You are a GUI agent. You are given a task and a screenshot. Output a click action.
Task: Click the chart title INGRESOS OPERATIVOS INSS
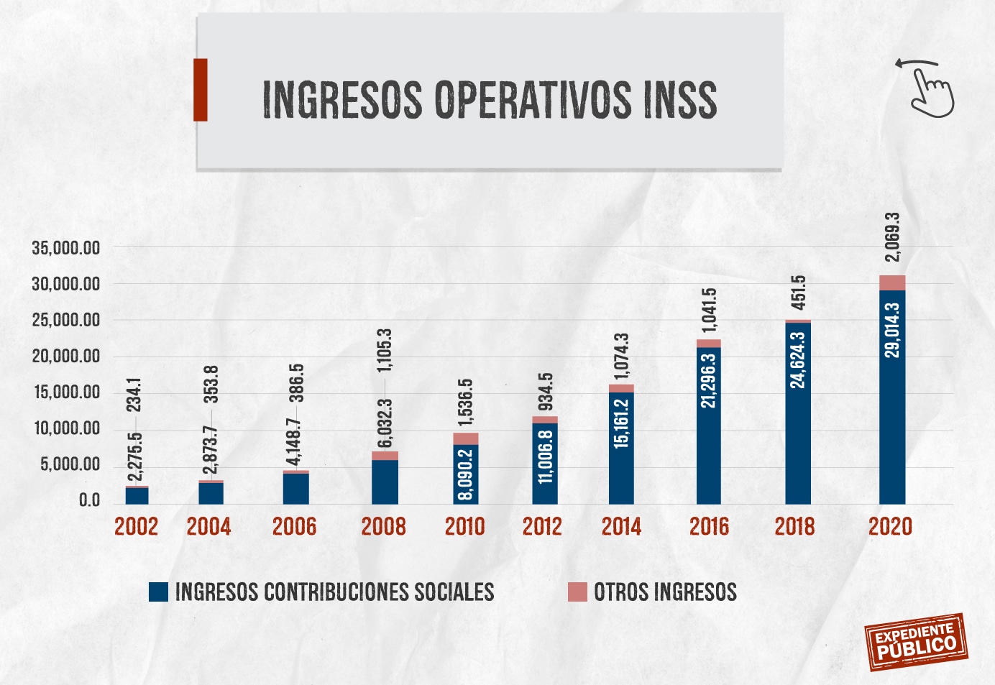pyautogui.click(x=490, y=99)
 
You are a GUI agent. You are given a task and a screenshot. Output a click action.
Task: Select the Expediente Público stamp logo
pyautogui.click(x=916, y=641)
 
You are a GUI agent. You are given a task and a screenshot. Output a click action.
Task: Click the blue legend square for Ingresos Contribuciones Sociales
pyautogui.click(x=158, y=592)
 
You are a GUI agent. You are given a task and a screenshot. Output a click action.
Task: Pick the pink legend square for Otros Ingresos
pyautogui.click(x=577, y=592)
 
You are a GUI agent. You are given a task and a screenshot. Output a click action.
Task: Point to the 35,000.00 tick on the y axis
pyautogui.click(x=66, y=249)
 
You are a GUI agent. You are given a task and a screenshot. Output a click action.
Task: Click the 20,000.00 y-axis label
pyautogui.click(x=66, y=357)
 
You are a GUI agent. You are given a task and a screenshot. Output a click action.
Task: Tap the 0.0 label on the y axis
pyautogui.click(x=89, y=500)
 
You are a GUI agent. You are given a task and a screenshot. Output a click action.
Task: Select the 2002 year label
pyautogui.click(x=136, y=527)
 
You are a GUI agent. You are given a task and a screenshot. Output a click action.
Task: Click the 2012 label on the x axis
pyautogui.click(x=542, y=527)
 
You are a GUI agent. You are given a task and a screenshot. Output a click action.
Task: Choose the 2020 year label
pyautogui.click(x=890, y=527)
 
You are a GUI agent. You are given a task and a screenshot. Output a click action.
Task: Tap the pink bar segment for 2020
pyautogui.click(x=892, y=282)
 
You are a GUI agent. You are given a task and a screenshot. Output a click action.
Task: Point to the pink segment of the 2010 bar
pyautogui.click(x=466, y=438)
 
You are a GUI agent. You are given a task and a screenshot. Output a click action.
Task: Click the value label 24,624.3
pyautogui.click(x=798, y=359)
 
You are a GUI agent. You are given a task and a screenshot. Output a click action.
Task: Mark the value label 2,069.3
pyautogui.click(x=892, y=237)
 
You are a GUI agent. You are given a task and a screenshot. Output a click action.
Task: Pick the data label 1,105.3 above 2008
pyautogui.click(x=385, y=351)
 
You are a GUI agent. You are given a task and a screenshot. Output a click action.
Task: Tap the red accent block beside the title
pyautogui.click(x=201, y=90)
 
